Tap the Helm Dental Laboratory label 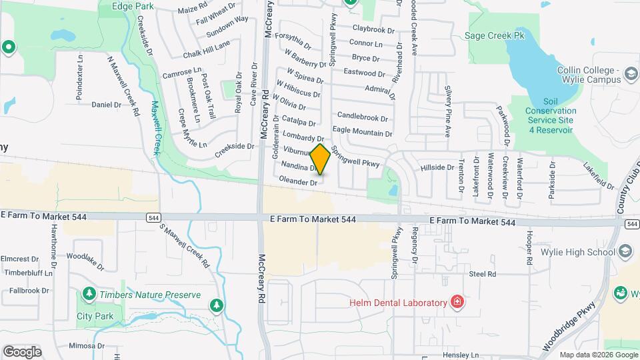(x=398, y=303)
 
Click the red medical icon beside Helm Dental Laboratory (x=457, y=302)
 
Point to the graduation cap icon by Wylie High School (x=625, y=251)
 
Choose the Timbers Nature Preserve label (x=150, y=295)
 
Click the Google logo (x=22, y=351)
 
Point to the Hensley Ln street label (x=464, y=355)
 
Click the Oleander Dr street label (x=298, y=181)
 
